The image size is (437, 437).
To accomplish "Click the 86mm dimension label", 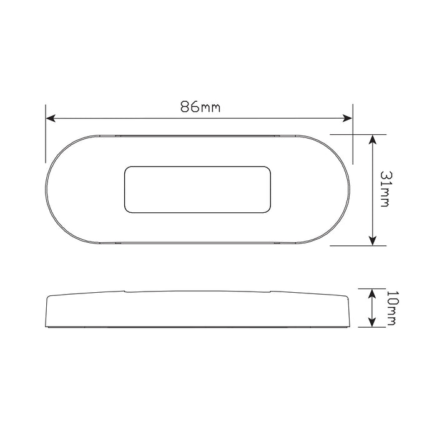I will point(200,107).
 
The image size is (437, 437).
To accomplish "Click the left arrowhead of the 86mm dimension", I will point(50,117).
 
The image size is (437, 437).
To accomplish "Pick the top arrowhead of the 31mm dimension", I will point(372,138).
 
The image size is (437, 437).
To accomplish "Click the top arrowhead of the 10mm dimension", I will point(372,292).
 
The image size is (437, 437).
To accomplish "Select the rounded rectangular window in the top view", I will point(199,188).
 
